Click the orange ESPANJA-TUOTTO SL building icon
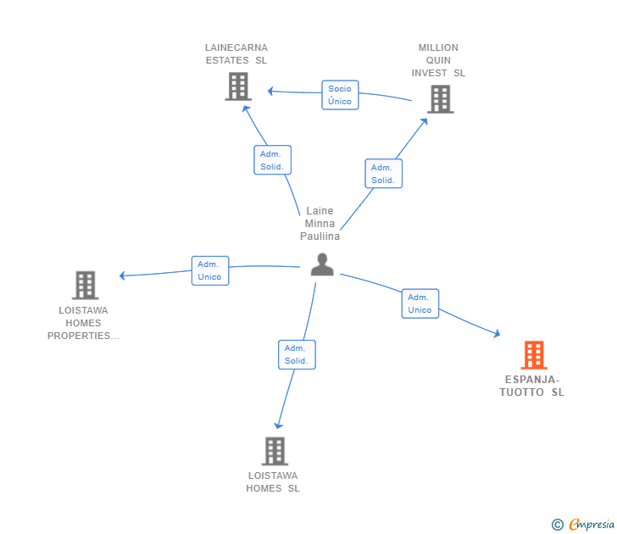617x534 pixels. coord(533,355)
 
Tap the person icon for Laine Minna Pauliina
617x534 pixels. coord(322,265)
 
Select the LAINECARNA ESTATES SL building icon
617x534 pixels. coord(238,86)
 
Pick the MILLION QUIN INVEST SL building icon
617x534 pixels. coord(439,99)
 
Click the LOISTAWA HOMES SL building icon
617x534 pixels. coord(275,451)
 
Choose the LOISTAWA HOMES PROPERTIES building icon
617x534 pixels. coord(85,286)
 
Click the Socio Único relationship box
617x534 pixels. coord(340,95)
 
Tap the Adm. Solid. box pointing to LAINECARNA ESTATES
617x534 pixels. coord(272,160)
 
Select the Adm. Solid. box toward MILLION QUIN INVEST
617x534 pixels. coord(383,174)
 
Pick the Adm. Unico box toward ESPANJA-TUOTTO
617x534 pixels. coord(420,303)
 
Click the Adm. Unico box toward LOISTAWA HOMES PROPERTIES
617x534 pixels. coord(209,270)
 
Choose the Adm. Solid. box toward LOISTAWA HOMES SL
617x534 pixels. coord(297,354)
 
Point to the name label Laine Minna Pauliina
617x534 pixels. coord(320,224)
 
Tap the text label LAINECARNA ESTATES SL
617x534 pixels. coord(236,54)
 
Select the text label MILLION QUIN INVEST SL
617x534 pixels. coord(438,60)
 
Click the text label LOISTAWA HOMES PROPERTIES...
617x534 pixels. coord(84,323)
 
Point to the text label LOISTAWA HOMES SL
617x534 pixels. coord(273,481)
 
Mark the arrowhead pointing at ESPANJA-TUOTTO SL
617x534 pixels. coord(497,336)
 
